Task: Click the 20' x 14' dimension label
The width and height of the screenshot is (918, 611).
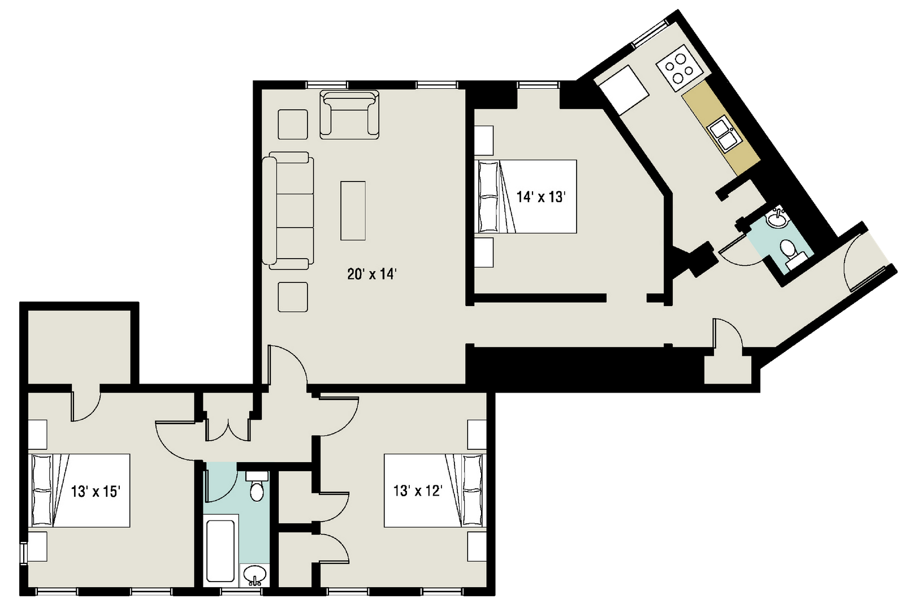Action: pyautogui.click(x=372, y=274)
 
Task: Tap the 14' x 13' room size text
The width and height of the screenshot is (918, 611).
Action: pyautogui.click(x=541, y=197)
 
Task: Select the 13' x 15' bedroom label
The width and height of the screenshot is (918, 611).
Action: pyautogui.click(x=96, y=491)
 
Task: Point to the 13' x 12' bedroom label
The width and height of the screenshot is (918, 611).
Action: pyautogui.click(x=418, y=490)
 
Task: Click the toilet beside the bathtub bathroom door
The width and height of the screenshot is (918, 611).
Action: pyautogui.click(x=257, y=487)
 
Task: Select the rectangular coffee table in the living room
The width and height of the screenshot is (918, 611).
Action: pyautogui.click(x=353, y=211)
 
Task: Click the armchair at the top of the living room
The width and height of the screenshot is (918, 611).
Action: pyautogui.click(x=349, y=114)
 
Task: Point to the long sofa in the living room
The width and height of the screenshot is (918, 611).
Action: pyautogui.click(x=288, y=210)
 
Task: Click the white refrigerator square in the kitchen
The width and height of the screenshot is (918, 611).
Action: pyautogui.click(x=623, y=90)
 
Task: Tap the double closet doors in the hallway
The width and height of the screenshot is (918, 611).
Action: pyautogui.click(x=228, y=430)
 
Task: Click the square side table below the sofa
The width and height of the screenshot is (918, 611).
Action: pyautogui.click(x=293, y=297)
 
